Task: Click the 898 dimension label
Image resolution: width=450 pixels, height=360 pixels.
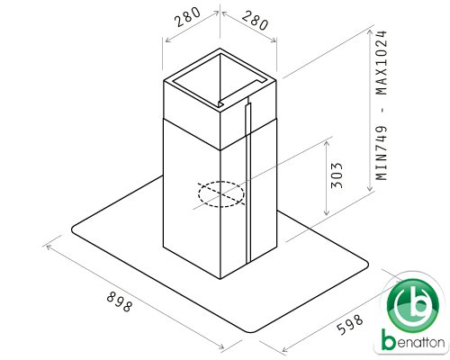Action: pyautogui.click(x=120, y=301)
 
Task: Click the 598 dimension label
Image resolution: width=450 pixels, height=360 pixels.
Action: pyautogui.click(x=350, y=324)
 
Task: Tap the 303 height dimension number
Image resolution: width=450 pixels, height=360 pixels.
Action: pyautogui.click(x=337, y=175)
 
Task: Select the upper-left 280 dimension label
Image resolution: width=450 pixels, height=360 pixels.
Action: pyautogui.click(x=187, y=17)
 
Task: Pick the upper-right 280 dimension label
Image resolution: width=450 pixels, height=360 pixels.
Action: pyautogui.click(x=255, y=21)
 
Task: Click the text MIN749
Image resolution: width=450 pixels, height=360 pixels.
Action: pyautogui.click(x=382, y=153)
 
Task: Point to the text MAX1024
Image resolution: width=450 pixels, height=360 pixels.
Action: pyautogui.click(x=382, y=62)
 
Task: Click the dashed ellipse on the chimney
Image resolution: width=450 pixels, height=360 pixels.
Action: pyautogui.click(x=221, y=194)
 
